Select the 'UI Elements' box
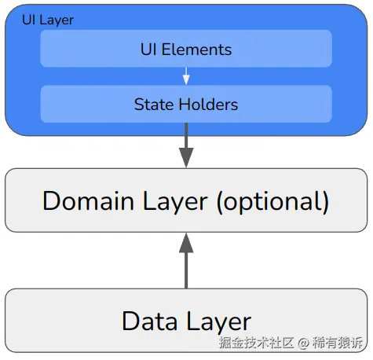(186, 50)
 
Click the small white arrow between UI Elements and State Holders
(186, 76)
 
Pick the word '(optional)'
(271, 201)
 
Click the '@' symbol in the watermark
(304, 343)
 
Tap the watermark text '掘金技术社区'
(257, 343)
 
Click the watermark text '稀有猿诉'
(338, 343)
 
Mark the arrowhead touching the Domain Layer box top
(186, 158)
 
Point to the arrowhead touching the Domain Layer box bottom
(186, 242)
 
